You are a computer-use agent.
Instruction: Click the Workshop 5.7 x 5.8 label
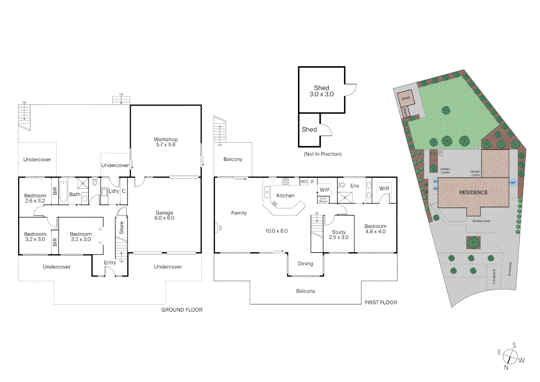165,142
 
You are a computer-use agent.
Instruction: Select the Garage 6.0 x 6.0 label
164,215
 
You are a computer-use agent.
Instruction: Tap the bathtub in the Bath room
64,192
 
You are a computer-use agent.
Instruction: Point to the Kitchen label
285,196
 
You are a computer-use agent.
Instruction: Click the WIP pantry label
324,190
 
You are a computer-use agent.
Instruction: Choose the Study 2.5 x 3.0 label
339,235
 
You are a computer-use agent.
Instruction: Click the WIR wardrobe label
384,189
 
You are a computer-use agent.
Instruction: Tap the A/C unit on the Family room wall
216,227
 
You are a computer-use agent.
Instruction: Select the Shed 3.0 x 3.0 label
321,91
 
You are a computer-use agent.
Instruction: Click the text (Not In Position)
323,154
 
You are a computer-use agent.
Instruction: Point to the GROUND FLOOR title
182,310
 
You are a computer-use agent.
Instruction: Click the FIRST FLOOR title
381,302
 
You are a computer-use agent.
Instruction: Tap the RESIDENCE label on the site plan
473,192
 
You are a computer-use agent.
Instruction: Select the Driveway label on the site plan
510,269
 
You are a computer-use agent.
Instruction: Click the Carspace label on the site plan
494,276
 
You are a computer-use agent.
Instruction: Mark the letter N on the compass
506,367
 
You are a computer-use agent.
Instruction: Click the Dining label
305,264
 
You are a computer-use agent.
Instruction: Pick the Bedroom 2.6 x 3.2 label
35,198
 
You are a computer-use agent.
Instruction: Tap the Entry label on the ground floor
110,262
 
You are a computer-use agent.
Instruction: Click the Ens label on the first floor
354,186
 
